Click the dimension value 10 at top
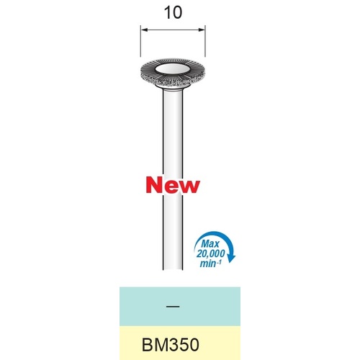(x=173, y=13)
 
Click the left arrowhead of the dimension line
(x=144, y=30)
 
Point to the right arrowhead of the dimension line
(x=202, y=30)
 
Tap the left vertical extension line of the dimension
(x=140, y=40)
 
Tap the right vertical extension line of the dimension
(x=205, y=40)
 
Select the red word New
(x=173, y=186)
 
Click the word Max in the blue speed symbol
(x=210, y=244)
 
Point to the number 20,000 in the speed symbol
(x=210, y=253)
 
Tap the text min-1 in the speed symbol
(x=211, y=264)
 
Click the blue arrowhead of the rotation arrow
(x=231, y=258)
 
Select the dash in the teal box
(x=173, y=307)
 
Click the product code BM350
(x=171, y=345)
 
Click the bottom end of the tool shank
(x=173, y=269)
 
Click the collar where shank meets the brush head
(x=173, y=88)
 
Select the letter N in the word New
(x=154, y=186)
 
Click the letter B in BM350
(x=147, y=345)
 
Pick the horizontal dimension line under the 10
(x=173, y=30)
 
